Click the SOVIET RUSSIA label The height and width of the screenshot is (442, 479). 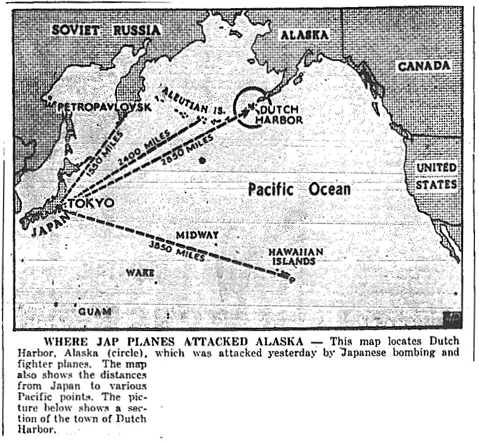pyautogui.click(x=106, y=30)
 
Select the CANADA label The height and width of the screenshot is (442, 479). pyautogui.click(x=424, y=66)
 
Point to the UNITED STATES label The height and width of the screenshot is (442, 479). pyautogui.click(x=436, y=176)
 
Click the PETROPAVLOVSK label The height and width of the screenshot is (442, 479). pyautogui.click(x=104, y=107)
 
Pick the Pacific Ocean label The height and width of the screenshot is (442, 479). pyautogui.click(x=299, y=190)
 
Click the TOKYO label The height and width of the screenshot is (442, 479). pyautogui.click(x=94, y=203)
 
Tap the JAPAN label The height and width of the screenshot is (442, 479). pyautogui.click(x=49, y=225)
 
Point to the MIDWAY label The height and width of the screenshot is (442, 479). pyautogui.click(x=197, y=236)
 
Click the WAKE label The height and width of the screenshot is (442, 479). pyautogui.click(x=140, y=273)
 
